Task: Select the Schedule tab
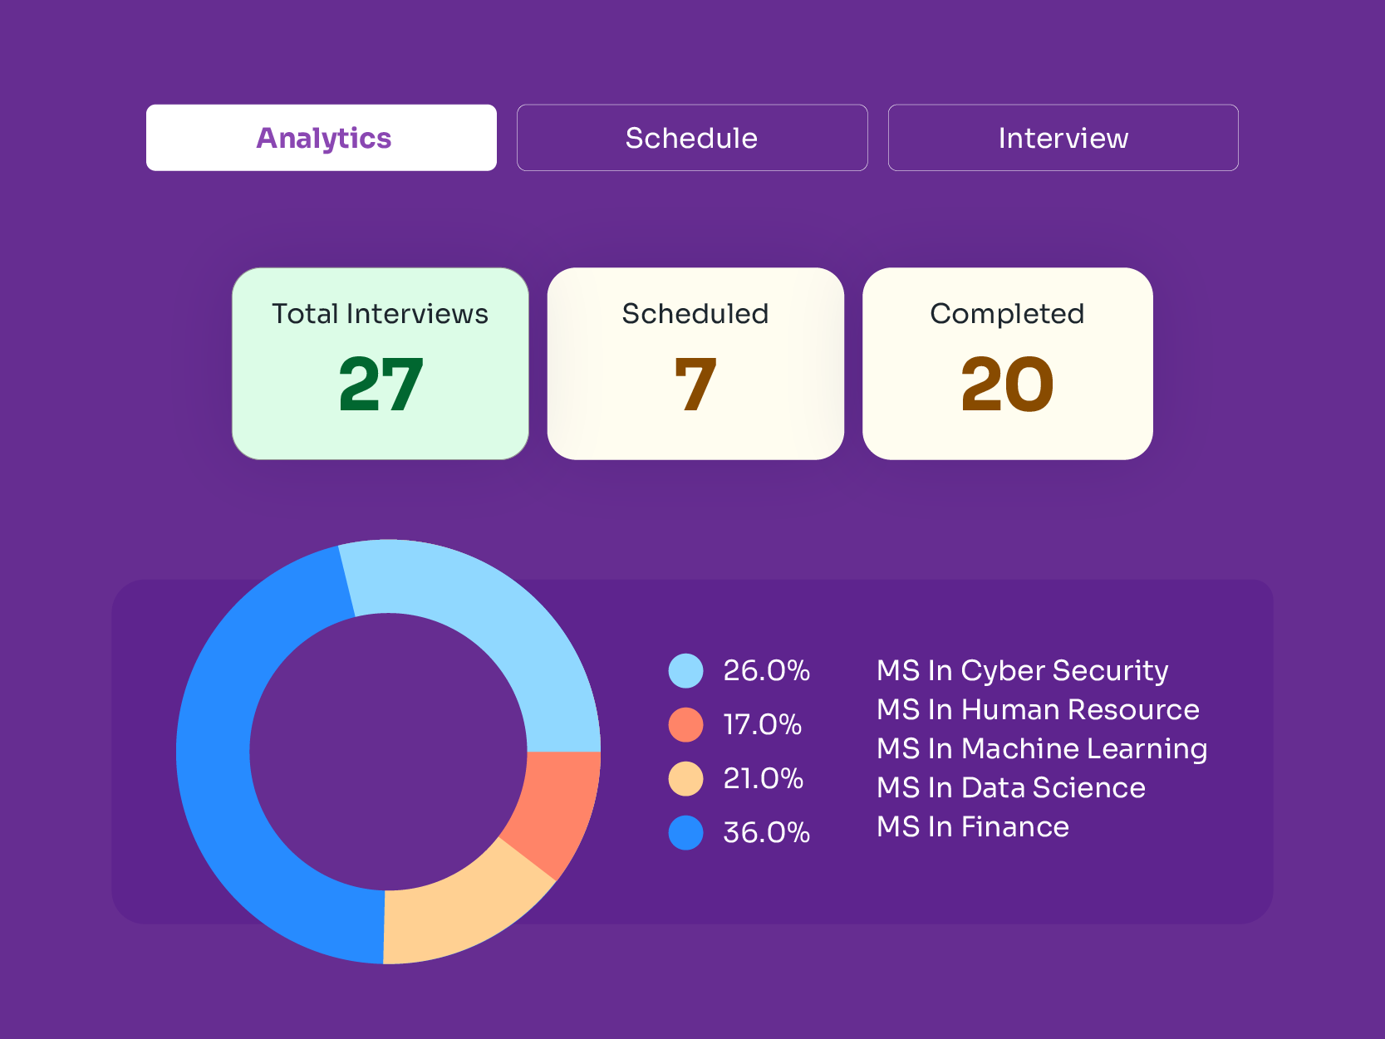[x=692, y=138]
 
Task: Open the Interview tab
[x=1063, y=138]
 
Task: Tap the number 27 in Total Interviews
[x=381, y=385]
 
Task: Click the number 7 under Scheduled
[x=695, y=385]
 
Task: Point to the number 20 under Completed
[x=1007, y=385]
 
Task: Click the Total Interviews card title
[x=381, y=314]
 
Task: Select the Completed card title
[x=1007, y=314]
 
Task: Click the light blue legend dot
[x=686, y=671]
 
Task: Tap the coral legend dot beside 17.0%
[x=686, y=725]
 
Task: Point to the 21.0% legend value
[x=763, y=779]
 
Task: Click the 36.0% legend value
[x=766, y=833]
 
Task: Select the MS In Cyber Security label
[x=1022, y=671]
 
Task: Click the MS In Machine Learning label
[x=1042, y=749]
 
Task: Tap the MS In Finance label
[x=973, y=827]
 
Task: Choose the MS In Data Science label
[x=1011, y=788]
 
